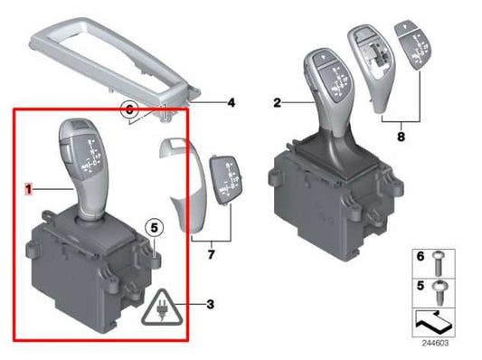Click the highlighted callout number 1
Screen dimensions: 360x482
(x=28, y=189)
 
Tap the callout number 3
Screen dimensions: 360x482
(x=210, y=303)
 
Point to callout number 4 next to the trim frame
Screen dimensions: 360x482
(x=231, y=102)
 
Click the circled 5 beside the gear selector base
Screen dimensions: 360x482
(x=153, y=228)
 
